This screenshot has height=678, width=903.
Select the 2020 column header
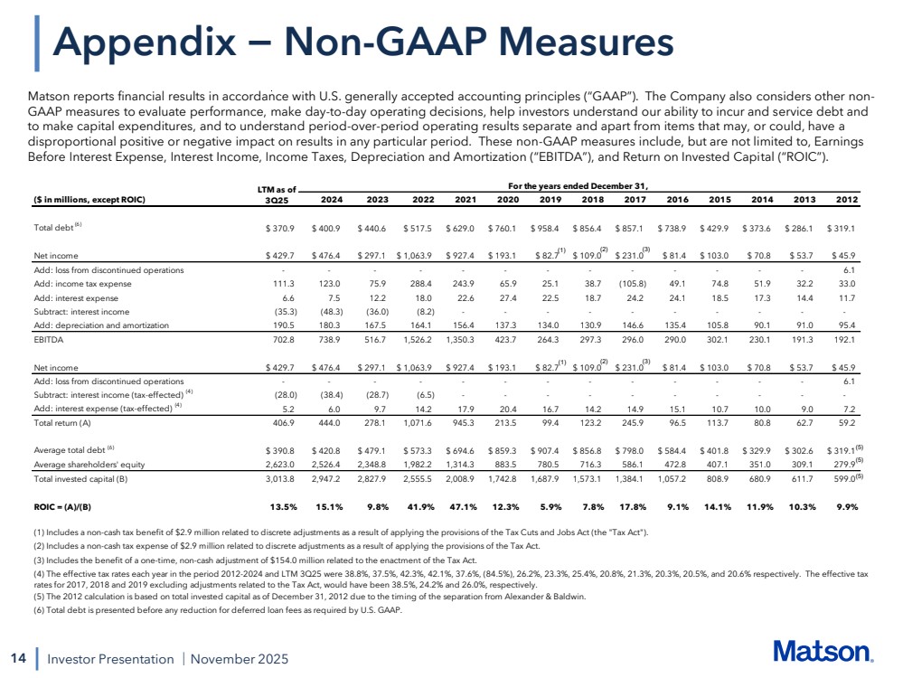coord(510,201)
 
